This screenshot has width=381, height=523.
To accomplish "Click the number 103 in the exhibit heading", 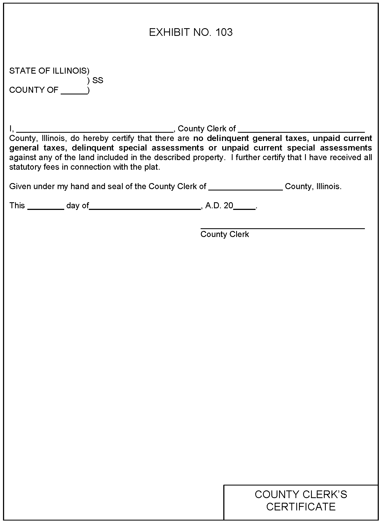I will [224, 33].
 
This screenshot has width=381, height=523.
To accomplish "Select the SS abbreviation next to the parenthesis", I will [98, 80].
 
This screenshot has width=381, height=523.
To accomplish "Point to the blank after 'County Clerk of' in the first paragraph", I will [301, 131].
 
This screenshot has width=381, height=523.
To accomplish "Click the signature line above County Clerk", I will [282, 228].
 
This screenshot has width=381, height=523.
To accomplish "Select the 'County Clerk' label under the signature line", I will [225, 234].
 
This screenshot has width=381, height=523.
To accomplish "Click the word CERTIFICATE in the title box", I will [301, 507].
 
